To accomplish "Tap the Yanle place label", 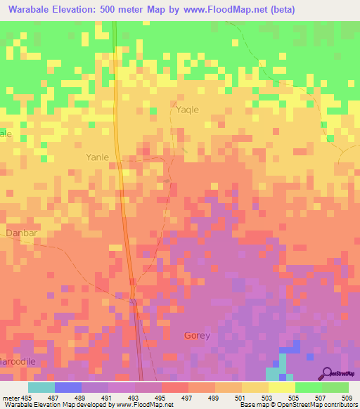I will click(97, 157).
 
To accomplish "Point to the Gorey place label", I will click(197, 335).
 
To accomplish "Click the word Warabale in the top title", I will click(33, 9).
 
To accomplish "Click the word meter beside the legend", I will click(8, 398).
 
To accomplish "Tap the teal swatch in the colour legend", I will click(41, 387).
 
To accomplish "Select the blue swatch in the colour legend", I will click(67, 387).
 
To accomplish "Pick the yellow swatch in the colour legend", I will click(281, 387).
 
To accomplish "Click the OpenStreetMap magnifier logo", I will click(326, 372).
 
